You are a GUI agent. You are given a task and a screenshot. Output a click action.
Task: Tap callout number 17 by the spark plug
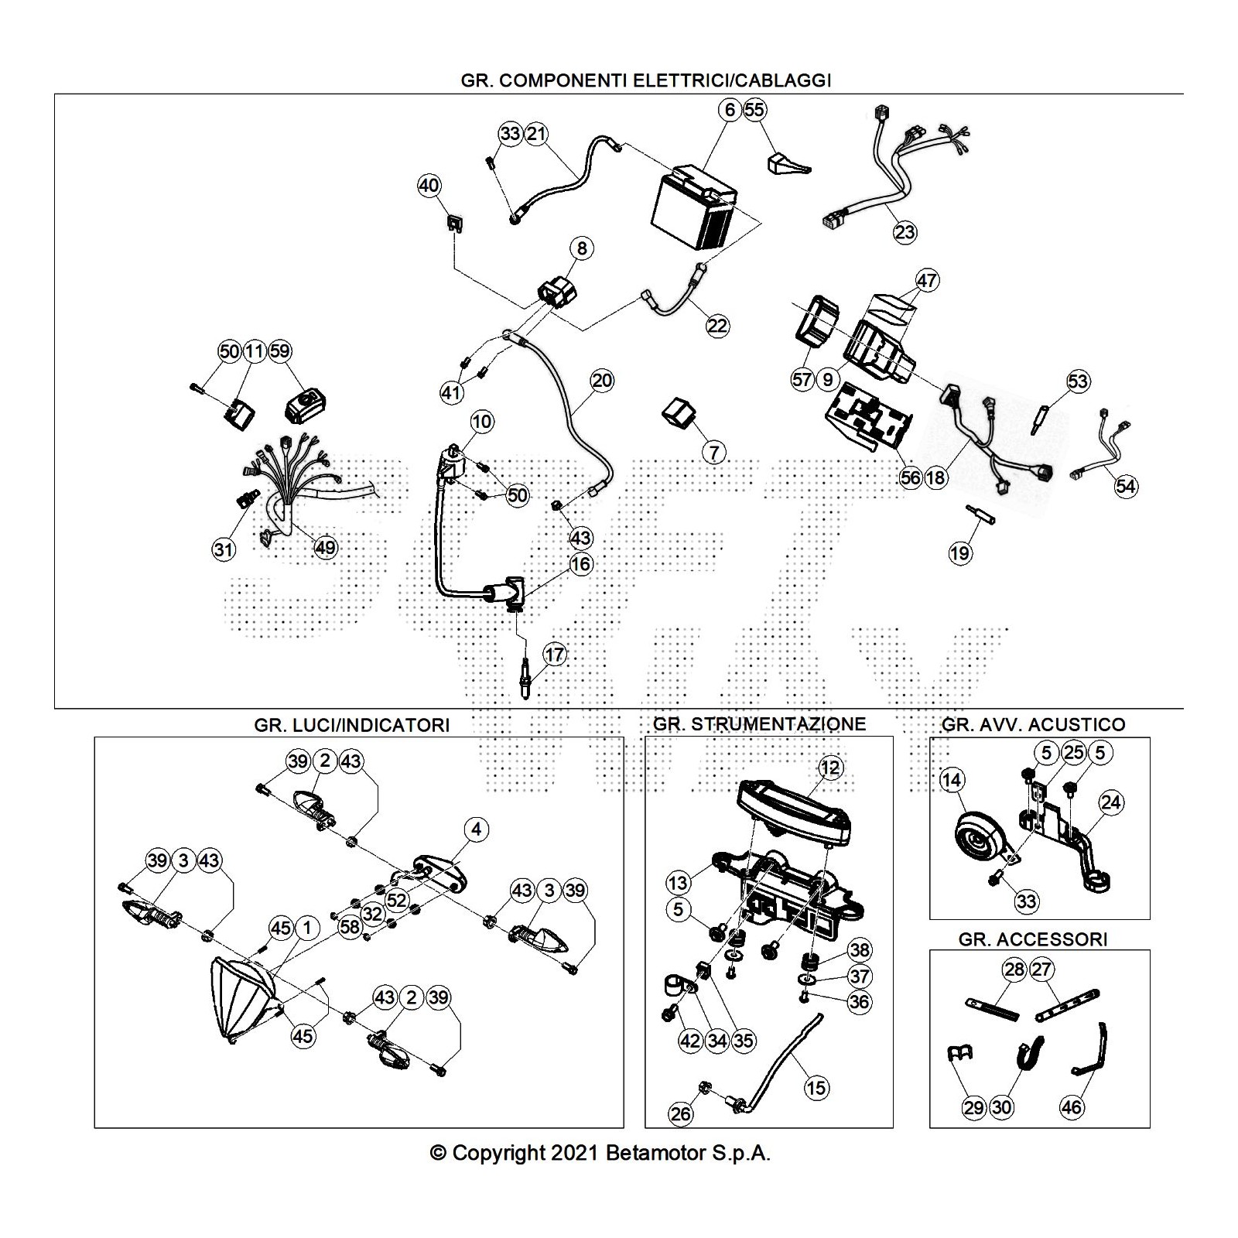[554, 655]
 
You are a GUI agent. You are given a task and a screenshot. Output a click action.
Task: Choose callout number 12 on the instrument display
[829, 768]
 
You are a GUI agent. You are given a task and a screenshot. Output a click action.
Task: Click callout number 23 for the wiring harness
[905, 231]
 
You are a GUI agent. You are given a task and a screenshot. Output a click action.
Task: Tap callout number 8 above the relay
[581, 248]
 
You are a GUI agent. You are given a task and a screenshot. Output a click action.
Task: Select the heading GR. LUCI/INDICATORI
[351, 725]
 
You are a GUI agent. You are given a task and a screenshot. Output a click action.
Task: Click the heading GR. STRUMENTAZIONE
[759, 724]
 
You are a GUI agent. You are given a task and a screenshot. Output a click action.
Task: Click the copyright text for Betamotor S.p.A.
[600, 1154]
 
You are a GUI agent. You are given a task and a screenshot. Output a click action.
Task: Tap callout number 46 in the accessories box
[1071, 1107]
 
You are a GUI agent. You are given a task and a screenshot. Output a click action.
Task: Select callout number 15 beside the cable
[816, 1088]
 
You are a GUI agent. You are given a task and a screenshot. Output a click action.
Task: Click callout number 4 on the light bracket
[476, 829]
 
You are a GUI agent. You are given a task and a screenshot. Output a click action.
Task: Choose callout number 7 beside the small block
[713, 452]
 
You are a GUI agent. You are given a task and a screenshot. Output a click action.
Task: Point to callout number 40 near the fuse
[429, 186]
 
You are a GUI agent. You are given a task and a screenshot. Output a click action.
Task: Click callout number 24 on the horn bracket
[1110, 802]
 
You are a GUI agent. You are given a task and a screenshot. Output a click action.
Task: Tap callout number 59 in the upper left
[279, 351]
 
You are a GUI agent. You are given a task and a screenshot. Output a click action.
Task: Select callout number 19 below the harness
[959, 553]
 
